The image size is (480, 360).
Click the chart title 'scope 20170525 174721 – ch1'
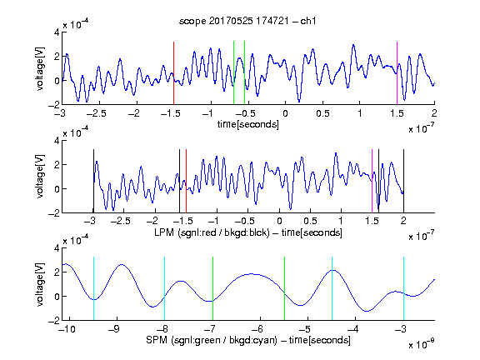247,21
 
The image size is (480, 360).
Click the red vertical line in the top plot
173,73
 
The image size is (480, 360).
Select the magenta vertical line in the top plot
397,73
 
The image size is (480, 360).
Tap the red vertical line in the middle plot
186,181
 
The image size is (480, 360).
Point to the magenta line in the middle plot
372,181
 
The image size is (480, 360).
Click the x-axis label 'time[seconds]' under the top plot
248,124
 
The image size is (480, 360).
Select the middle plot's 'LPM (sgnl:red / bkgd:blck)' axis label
212,232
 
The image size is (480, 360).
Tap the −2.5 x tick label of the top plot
96,113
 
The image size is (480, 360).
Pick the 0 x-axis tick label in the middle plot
279,221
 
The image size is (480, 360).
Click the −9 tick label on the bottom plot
114,329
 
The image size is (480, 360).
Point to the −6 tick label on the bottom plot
257,329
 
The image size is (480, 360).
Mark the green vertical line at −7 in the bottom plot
212,288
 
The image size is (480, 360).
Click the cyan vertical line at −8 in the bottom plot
165,288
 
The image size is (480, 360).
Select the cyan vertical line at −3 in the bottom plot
404,288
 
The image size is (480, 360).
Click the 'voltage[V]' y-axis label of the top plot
40,69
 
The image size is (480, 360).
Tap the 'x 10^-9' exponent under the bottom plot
421,344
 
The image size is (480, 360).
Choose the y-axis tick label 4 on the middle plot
57,141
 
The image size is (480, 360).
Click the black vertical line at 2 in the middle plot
404,181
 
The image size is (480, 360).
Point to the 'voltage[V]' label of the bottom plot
40,284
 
